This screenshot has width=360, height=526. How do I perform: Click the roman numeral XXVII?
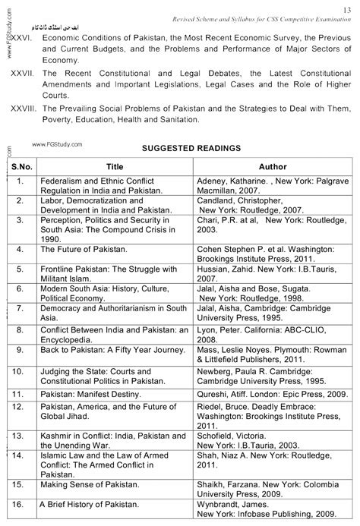click(x=21, y=77)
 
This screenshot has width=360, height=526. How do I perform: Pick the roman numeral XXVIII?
click(x=22, y=109)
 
